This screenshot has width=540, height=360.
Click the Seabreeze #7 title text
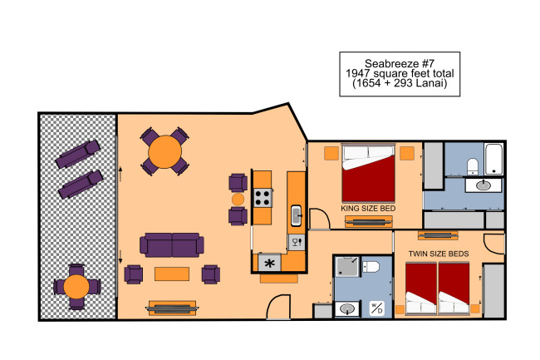[400, 64]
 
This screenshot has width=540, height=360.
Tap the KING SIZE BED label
[368, 209]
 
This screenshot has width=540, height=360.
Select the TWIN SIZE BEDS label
[439, 254]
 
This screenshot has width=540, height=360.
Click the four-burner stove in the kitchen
[263, 198]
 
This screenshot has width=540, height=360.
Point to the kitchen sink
[297, 215]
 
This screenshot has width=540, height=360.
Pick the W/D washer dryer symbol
[376, 308]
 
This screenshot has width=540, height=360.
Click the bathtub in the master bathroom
[493, 159]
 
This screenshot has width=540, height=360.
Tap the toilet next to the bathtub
[473, 166]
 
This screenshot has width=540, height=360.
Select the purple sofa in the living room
[171, 245]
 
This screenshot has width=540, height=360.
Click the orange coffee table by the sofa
[172, 274]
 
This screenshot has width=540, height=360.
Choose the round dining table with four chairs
[164, 151]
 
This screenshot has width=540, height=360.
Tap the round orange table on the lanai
[76, 287]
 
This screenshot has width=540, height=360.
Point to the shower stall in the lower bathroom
[347, 267]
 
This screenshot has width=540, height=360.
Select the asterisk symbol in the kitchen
[269, 264]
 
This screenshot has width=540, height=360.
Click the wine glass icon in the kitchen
[297, 242]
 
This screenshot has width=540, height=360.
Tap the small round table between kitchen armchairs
[238, 200]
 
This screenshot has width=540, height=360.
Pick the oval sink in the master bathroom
[484, 185]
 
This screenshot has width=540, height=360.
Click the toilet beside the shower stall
[371, 267]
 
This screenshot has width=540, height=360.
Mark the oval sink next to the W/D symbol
[347, 308]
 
